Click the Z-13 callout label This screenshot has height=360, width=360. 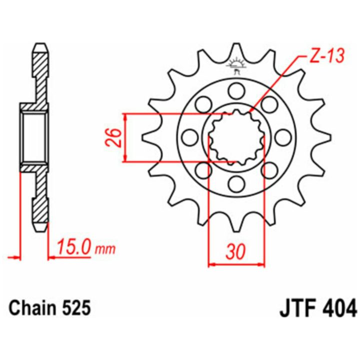pos(327,56)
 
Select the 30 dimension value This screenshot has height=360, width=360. pos(236,251)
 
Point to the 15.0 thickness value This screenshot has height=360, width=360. pos(73,247)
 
